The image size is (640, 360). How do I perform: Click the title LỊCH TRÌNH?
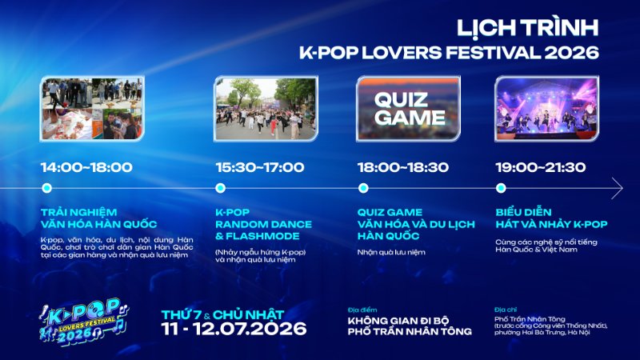coord(527,29)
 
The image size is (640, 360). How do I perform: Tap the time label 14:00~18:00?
coord(86,167)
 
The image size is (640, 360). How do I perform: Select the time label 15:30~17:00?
coord(260,167)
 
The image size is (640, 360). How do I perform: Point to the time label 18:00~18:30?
coord(403,167)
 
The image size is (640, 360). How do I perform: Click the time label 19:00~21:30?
coord(541,167)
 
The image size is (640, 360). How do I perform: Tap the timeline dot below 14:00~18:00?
coord(47,188)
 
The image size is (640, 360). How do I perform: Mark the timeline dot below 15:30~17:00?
coord(221,188)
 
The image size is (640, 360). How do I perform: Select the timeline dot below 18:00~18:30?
coord(363,188)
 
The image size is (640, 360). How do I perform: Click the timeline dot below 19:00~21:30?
coord(501,188)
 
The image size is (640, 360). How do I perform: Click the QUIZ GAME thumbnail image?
coord(408,109)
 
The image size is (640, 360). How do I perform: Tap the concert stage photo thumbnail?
coord(547,109)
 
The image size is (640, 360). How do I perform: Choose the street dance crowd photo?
coord(266,109)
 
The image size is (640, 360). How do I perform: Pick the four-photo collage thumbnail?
coord(92,109)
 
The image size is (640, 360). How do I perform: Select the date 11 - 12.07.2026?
coord(234,329)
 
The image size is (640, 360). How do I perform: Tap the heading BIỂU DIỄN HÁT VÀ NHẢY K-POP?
coord(551,218)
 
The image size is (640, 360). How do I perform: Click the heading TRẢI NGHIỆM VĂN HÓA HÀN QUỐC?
coord(98,218)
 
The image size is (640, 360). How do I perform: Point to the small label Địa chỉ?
coord(506,310)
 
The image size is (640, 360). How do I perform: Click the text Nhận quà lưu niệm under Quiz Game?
coord(391,252)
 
